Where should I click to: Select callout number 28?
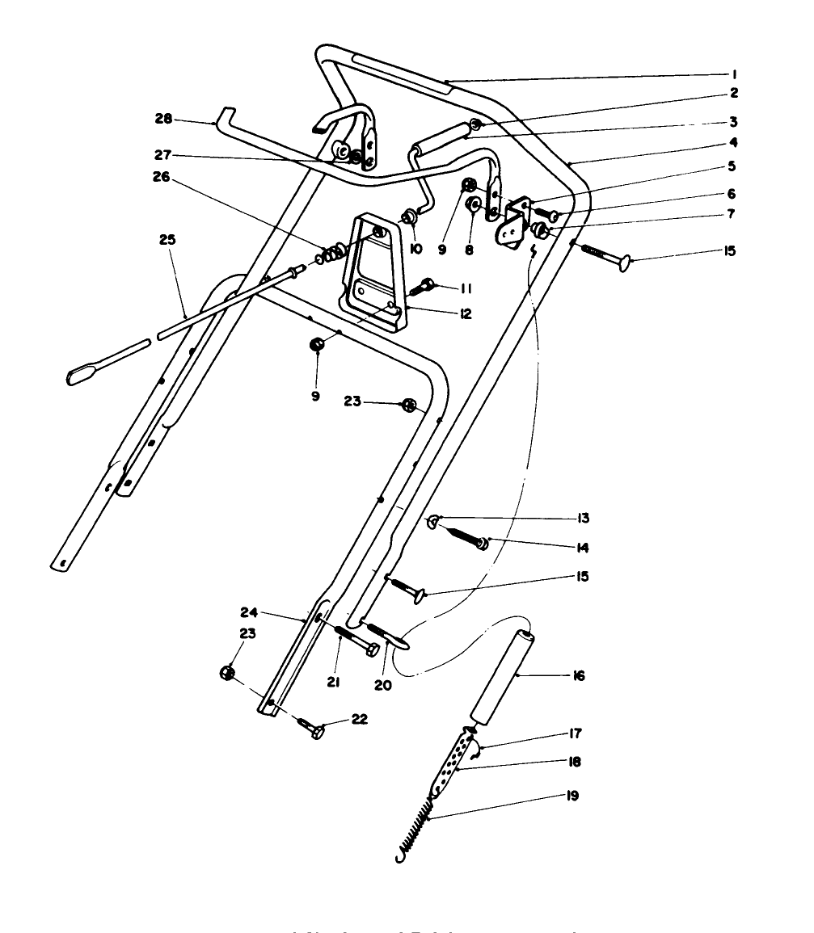pyautogui.click(x=165, y=120)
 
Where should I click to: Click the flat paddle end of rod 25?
pyautogui.click(x=84, y=373)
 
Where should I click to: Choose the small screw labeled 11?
pyautogui.click(x=424, y=285)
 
